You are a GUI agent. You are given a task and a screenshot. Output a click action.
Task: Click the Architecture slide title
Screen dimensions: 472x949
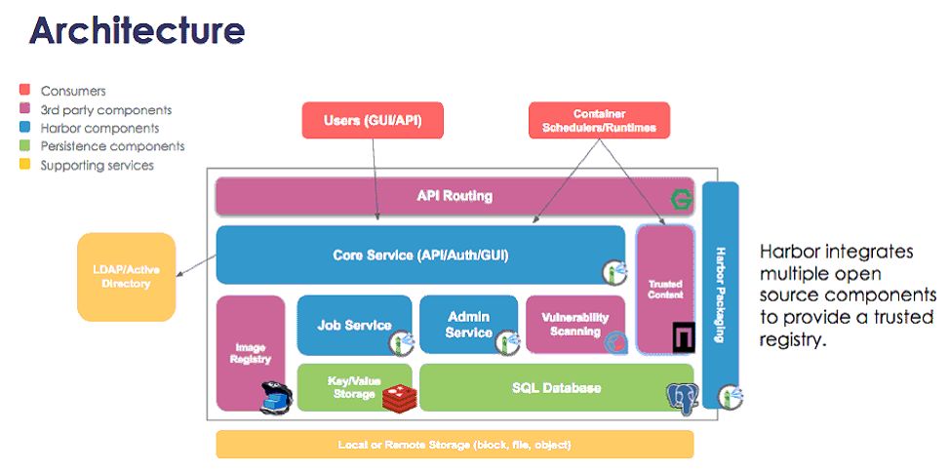(137, 30)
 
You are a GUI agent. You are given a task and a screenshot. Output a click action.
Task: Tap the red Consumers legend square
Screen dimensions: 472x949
(25, 91)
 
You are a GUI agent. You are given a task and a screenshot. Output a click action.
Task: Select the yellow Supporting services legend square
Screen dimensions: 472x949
(25, 166)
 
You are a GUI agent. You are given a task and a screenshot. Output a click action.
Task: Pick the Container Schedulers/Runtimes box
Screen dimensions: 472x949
(599, 121)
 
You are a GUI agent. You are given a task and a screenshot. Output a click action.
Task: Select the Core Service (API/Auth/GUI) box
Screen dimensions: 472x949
(419, 256)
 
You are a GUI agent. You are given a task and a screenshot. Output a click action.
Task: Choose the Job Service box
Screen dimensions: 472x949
(353, 325)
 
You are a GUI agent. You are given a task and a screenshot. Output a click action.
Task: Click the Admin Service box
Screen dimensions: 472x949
(469, 325)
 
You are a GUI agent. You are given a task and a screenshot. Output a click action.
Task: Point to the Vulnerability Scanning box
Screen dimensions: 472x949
(574, 324)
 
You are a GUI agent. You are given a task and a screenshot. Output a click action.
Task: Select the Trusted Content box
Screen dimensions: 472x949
(665, 288)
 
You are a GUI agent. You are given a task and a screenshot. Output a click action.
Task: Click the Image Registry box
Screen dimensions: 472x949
(250, 352)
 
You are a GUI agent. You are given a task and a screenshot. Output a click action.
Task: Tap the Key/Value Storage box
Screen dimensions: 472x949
(353, 387)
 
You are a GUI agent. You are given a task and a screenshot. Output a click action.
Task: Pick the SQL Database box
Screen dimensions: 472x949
(556, 387)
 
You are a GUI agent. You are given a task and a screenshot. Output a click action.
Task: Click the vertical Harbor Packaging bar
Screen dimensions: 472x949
(720, 293)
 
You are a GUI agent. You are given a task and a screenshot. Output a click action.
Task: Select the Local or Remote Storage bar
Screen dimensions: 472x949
(454, 445)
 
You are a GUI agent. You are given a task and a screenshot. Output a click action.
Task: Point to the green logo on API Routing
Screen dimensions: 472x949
(679, 201)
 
